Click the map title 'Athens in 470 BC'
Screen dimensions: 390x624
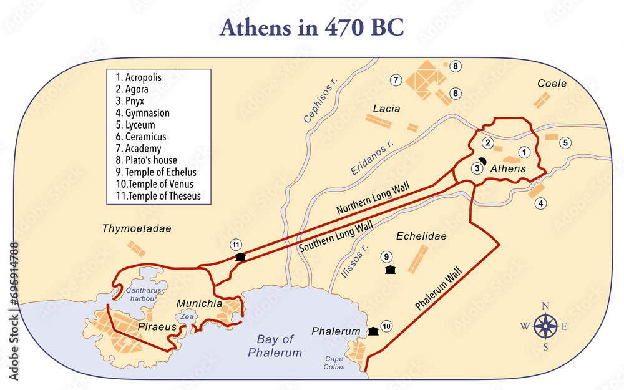click(311, 27)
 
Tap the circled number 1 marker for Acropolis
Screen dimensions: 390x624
click(525, 152)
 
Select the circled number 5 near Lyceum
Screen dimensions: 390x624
click(565, 142)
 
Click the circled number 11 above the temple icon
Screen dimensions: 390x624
click(235, 244)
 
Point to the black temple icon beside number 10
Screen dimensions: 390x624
click(373, 331)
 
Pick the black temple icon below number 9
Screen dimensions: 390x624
click(391, 270)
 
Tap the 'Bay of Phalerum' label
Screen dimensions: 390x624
click(275, 346)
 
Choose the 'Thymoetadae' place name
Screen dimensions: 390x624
click(136, 229)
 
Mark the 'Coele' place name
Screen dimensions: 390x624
click(552, 84)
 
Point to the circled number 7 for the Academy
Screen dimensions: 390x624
click(395, 80)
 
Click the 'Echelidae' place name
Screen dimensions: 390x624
click(421, 236)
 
